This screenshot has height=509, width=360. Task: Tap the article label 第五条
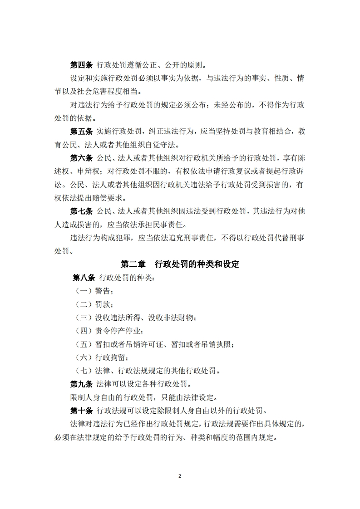pos(82,132)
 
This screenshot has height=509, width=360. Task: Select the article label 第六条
pos(82,158)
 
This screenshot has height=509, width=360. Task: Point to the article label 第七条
pos(82,211)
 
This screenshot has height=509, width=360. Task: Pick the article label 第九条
pos(82,384)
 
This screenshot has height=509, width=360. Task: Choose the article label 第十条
pos(82,411)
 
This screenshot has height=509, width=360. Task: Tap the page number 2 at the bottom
pos(180,476)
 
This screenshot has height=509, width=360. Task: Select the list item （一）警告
pos(93,291)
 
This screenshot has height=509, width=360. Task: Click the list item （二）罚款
pos(93,304)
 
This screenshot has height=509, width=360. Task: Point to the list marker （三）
pos(83,318)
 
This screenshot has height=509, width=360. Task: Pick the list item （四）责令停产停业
pos(109,331)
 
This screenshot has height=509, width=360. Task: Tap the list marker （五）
pos(83,344)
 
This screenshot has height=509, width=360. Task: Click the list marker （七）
pos(83,371)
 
